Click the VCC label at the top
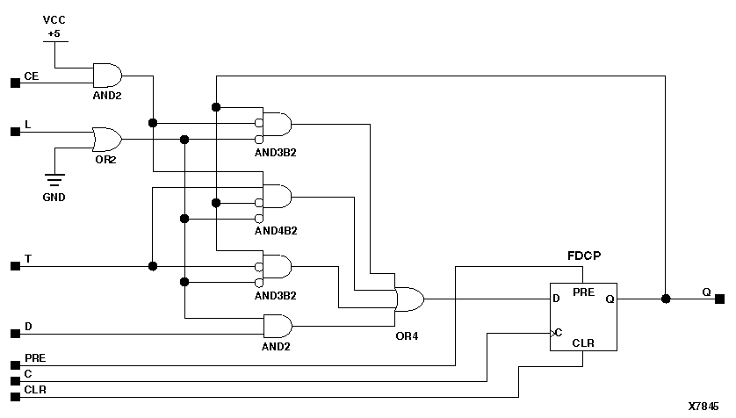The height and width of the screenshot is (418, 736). [x=54, y=18]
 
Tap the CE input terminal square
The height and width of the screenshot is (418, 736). [x=14, y=83]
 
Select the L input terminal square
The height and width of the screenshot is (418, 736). [x=14, y=132]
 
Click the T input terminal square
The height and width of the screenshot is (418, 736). [x=14, y=266]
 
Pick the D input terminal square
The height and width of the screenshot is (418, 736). [x=14, y=334]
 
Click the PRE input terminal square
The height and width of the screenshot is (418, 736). [x=14, y=364]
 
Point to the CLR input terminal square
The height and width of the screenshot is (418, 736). [x=14, y=395]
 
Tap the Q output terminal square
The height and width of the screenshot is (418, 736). [x=719, y=299]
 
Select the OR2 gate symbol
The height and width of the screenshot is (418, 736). [x=106, y=139]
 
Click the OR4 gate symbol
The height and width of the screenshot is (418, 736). [x=409, y=299]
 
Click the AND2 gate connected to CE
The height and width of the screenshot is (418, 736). [x=107, y=74]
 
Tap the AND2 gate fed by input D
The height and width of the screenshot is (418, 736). [x=278, y=327]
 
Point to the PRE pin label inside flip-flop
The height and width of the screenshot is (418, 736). [x=583, y=291]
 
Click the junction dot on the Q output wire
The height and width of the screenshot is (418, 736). [x=666, y=299]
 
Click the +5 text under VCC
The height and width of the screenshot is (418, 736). [x=54, y=34]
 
